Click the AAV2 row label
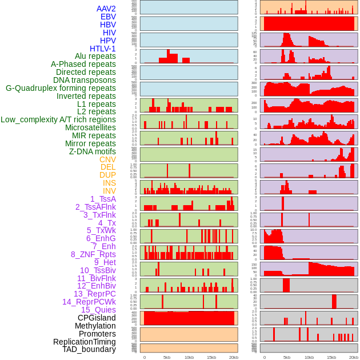click(x=106, y=9)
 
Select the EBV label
click(x=108, y=17)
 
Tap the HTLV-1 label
click(x=102, y=49)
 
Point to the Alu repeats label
click(x=95, y=56)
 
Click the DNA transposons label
click(x=85, y=80)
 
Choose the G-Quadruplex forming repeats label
click(x=61, y=88)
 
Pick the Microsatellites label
click(x=90, y=127)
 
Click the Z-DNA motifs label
click(x=93, y=151)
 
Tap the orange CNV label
click(x=107, y=159)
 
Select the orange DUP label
click(x=107, y=175)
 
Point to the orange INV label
click(x=109, y=191)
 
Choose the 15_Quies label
click(x=98, y=310)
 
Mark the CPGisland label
click(x=97, y=318)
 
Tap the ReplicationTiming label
click(x=84, y=342)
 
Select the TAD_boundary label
click(x=89, y=349)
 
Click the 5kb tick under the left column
click(x=167, y=357)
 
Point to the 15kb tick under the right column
click(x=331, y=357)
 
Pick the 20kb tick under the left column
click(x=233, y=357)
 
